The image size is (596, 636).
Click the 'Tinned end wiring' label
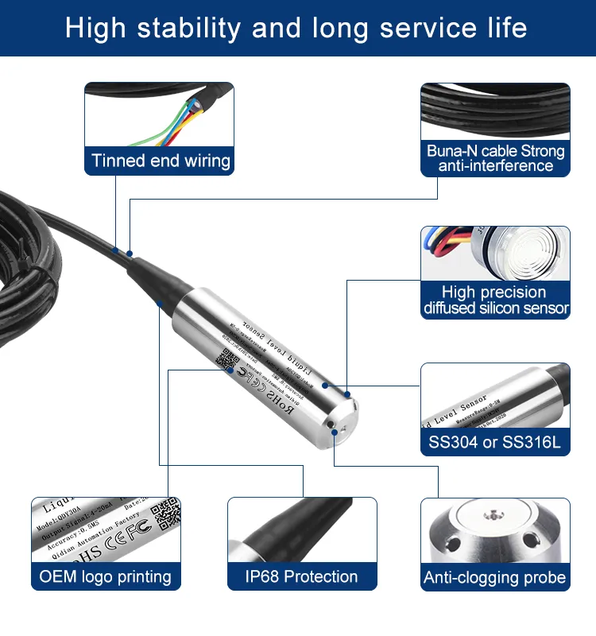tap(161, 161)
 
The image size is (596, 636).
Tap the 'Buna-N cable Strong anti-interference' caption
tap(495, 158)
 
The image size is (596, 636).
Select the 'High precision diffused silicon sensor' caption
tap(495, 301)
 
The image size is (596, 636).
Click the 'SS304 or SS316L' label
tap(494, 442)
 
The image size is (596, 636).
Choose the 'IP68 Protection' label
tap(302, 577)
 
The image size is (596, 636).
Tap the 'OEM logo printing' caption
tap(106, 577)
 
